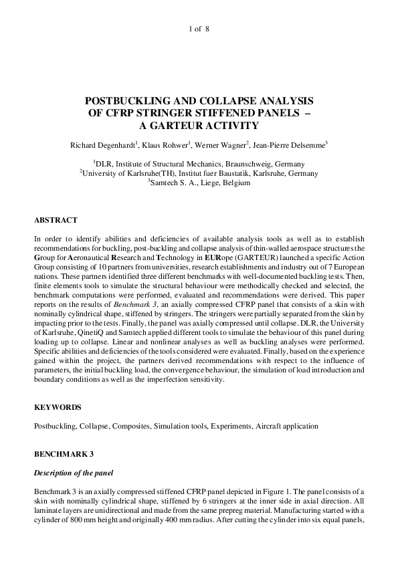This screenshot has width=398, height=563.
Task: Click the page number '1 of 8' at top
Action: pyautogui.click(x=199, y=29)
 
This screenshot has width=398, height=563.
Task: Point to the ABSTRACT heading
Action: pyautogui.click(x=56, y=220)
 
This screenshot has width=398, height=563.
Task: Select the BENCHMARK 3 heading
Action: pyautogui.click(x=64, y=454)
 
